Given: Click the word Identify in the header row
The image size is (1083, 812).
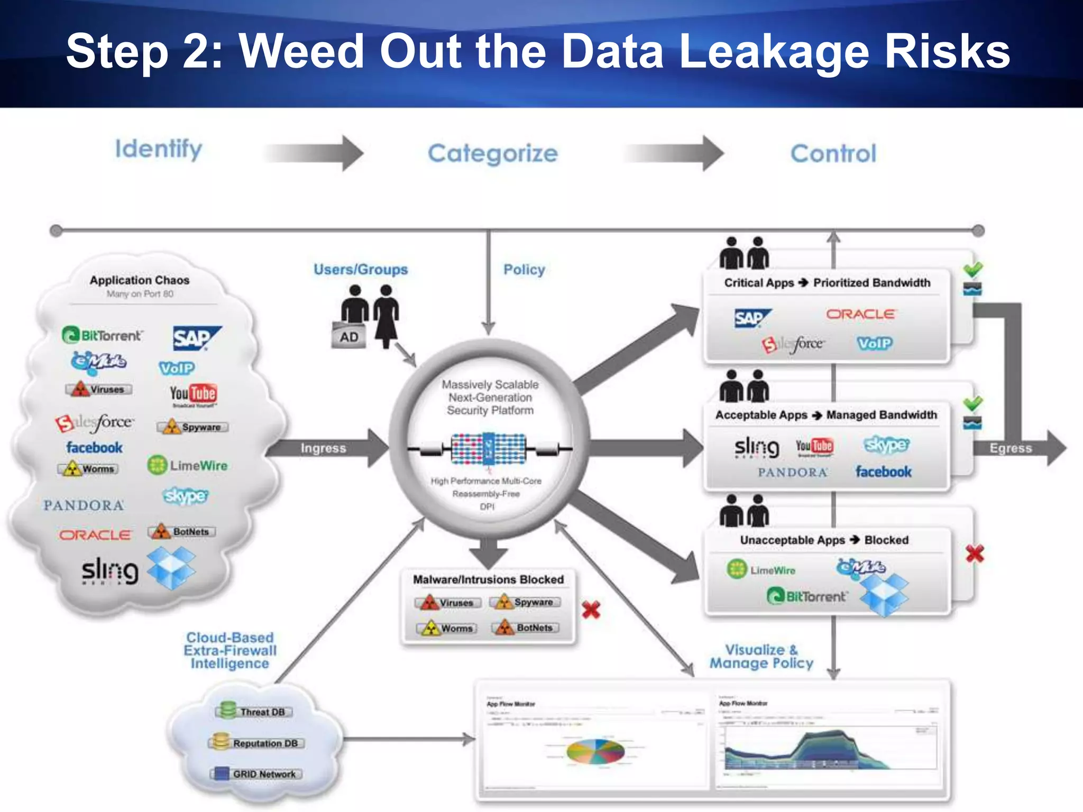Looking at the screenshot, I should coord(159,150).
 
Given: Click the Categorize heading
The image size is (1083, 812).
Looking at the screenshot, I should coord(492,154).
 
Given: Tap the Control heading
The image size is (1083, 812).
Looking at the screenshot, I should coord(833,154).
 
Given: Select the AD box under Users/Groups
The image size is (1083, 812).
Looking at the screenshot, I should coord(348,337).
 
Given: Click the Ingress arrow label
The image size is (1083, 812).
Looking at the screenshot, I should coord(323,448).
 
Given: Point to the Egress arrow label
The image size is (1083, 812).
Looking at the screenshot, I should coord(1011,448).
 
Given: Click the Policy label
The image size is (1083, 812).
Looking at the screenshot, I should coord(524,270).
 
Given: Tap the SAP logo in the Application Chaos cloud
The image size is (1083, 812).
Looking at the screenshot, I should coord(196,338).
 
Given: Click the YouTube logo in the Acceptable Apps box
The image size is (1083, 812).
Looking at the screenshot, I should coord(814,447).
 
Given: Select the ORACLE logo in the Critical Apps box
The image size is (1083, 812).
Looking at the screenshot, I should coord(860,314).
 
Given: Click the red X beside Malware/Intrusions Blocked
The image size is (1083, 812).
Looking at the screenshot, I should coord(591,610).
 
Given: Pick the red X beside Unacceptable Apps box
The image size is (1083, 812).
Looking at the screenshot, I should coord(975,553).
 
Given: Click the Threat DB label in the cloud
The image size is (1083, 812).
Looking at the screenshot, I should coord(262,712).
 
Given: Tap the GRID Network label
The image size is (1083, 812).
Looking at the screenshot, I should coord(264,774).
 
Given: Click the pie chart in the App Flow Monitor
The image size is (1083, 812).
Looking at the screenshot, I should coord(595,751).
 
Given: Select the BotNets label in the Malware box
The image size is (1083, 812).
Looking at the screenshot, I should coord(534,628).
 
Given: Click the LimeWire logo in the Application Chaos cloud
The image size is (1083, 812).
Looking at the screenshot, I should coord(188,466).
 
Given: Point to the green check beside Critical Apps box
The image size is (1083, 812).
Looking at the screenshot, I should coord(972,269).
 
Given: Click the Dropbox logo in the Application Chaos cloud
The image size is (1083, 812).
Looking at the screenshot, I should coord(171,568).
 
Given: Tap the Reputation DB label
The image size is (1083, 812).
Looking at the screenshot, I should coord(264,743).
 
